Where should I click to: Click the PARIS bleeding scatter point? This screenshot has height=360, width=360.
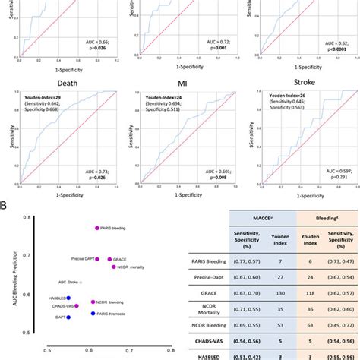(96, 228)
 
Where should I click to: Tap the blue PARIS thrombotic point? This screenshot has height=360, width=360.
(93, 313)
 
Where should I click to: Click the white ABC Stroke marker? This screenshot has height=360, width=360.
(82, 283)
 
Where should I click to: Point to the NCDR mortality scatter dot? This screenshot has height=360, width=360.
(113, 267)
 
